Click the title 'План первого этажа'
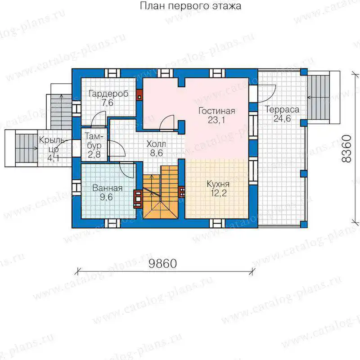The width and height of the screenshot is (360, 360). (190, 6)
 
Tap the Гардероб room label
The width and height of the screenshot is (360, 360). (108, 94)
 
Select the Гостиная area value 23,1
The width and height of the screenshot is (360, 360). (216, 120)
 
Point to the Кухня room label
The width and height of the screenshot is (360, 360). (218, 184)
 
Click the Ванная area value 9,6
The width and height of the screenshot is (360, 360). (106, 197)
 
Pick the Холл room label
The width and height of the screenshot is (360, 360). (156, 144)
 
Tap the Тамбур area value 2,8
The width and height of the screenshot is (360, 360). (94, 154)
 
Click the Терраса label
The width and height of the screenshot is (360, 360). (283, 109)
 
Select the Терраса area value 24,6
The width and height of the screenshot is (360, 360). (282, 118)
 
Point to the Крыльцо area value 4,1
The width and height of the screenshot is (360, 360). (54, 158)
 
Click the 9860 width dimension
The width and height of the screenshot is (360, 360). (162, 263)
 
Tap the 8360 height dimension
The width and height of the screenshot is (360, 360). (346, 149)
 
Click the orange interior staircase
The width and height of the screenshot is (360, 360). (161, 193)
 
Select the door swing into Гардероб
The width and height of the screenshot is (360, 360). (99, 119)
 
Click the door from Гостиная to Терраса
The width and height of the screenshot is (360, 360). (267, 94)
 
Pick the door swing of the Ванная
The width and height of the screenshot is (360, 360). (127, 170)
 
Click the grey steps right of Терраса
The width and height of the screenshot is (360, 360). (319, 97)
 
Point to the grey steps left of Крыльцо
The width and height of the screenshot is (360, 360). (26, 148)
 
